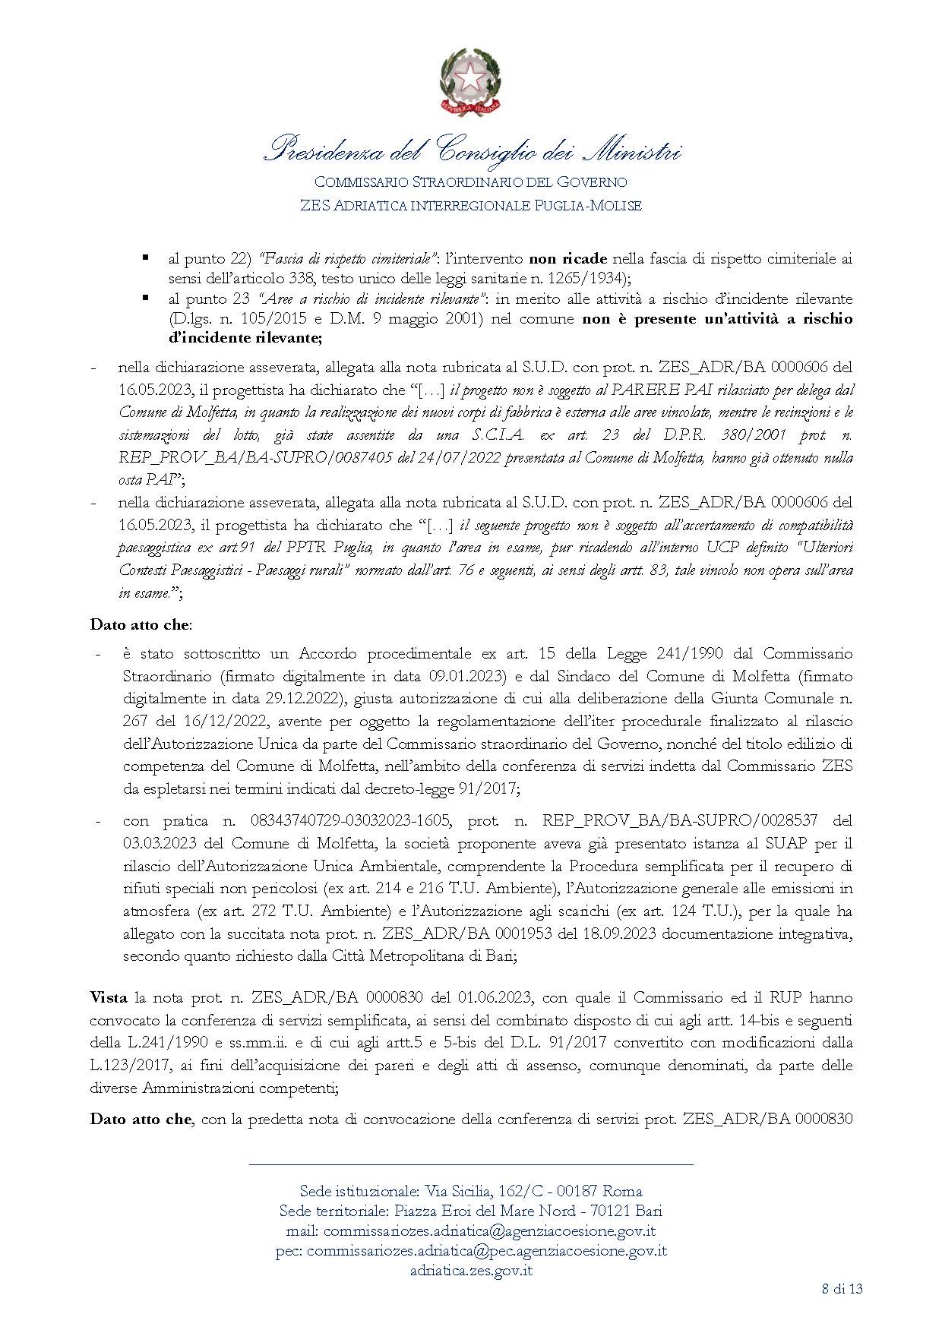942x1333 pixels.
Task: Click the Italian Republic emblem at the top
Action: (471, 81)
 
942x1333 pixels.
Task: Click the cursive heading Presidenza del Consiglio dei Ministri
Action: (471, 150)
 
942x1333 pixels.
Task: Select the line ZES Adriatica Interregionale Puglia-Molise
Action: (471, 205)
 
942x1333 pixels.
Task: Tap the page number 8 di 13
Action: (842, 1288)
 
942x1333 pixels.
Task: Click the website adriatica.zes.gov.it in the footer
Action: (471, 1270)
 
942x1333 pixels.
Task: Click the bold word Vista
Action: (109, 997)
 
